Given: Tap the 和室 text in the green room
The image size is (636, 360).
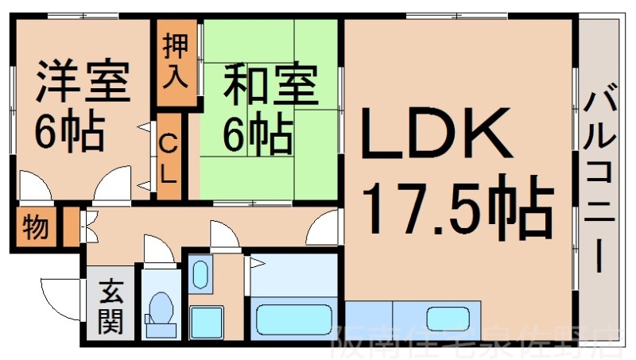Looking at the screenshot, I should (270, 87).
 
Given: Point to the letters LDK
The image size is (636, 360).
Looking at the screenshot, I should (436, 134).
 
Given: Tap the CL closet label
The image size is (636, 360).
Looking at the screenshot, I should (169, 160).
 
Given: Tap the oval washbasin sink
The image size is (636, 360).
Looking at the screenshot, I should (200, 275).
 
